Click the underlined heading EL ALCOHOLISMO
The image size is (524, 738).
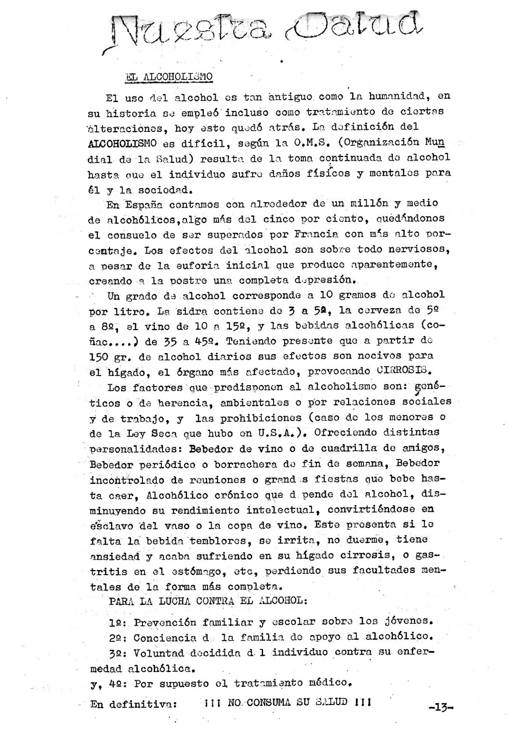(x=169, y=77)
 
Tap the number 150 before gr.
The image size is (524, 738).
(x=98, y=357)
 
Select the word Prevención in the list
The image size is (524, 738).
(x=165, y=622)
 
